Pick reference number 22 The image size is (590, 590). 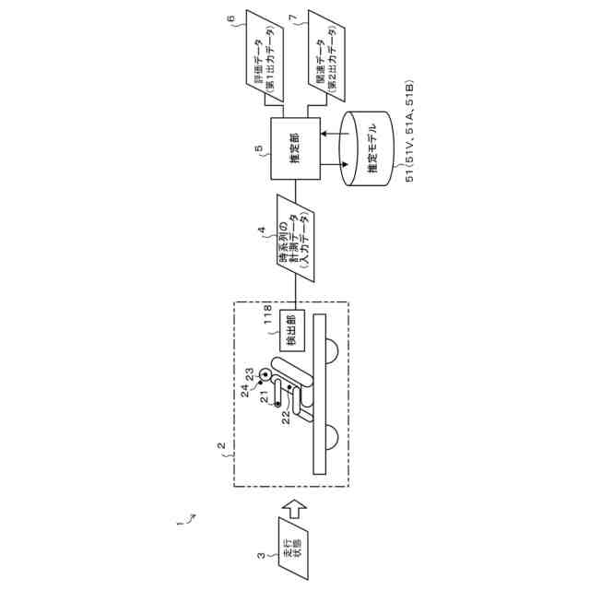[x=286, y=417]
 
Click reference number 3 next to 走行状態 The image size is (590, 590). [x=262, y=555]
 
